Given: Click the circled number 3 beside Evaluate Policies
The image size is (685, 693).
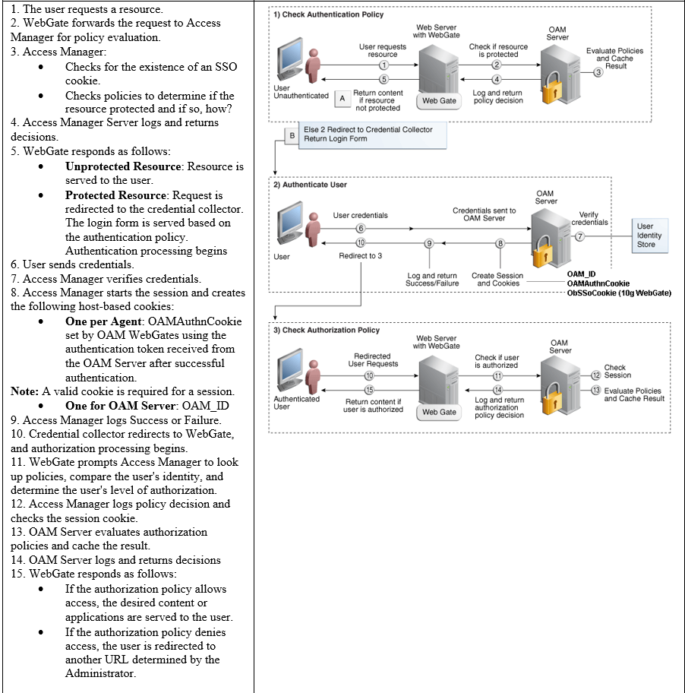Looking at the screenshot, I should tap(598, 72).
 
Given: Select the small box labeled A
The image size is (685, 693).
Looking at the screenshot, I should tap(342, 98).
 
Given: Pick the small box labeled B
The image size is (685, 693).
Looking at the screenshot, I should tap(291, 134).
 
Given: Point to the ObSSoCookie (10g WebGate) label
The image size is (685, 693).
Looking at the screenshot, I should tap(619, 293).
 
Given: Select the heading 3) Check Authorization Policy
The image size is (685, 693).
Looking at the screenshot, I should tap(327, 330).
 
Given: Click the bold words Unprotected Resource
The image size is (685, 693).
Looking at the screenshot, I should tap(125, 166).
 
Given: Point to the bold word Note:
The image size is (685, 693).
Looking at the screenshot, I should tap(25, 391).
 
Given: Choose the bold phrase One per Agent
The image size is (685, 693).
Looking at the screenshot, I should tap(104, 321).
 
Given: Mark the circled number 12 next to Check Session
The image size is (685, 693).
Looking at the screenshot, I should tap(595, 375).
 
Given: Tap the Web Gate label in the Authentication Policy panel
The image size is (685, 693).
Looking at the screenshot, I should tap(439, 100).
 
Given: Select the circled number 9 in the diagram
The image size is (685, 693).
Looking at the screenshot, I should tap(429, 243).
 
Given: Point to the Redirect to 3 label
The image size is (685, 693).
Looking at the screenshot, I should tap(360, 255).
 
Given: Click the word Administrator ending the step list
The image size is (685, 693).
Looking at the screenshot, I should tap(100, 673).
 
